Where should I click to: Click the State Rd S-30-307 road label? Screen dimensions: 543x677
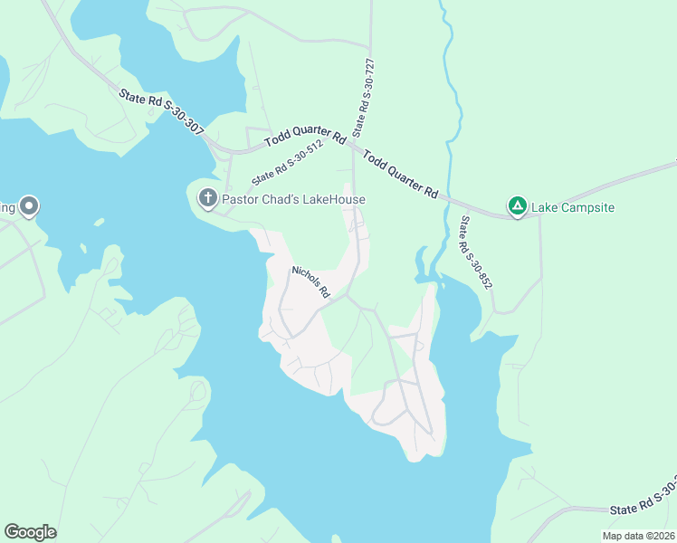pyautogui.click(x=160, y=111)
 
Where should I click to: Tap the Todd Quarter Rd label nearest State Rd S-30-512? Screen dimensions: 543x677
pyautogui.click(x=306, y=140)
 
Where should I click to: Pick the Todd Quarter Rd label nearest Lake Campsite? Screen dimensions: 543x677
pyautogui.click(x=401, y=175)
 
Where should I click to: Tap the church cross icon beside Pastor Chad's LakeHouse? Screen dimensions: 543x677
pyautogui.click(x=207, y=198)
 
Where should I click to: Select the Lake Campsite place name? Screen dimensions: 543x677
pyautogui.click(x=572, y=207)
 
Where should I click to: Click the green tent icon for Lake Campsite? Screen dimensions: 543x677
pyautogui.click(x=517, y=206)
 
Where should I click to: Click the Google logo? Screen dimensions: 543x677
pyautogui.click(x=30, y=532)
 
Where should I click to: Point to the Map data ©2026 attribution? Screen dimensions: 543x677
pyautogui.click(x=637, y=536)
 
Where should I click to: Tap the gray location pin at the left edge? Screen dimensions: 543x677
pyautogui.click(x=28, y=206)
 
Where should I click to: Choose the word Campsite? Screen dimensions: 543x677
pyautogui.click(x=586, y=207)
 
